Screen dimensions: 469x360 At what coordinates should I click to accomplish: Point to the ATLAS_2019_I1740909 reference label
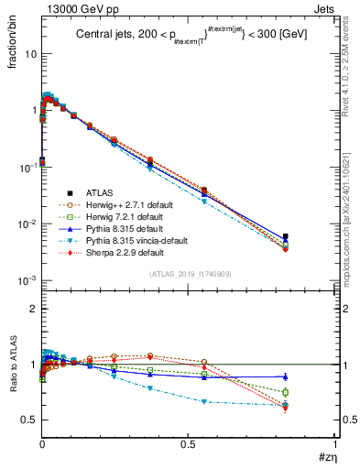[189, 275]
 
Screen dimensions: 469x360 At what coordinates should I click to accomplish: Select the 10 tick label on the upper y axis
[29, 54]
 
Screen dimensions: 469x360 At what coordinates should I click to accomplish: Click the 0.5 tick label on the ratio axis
[29, 420]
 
